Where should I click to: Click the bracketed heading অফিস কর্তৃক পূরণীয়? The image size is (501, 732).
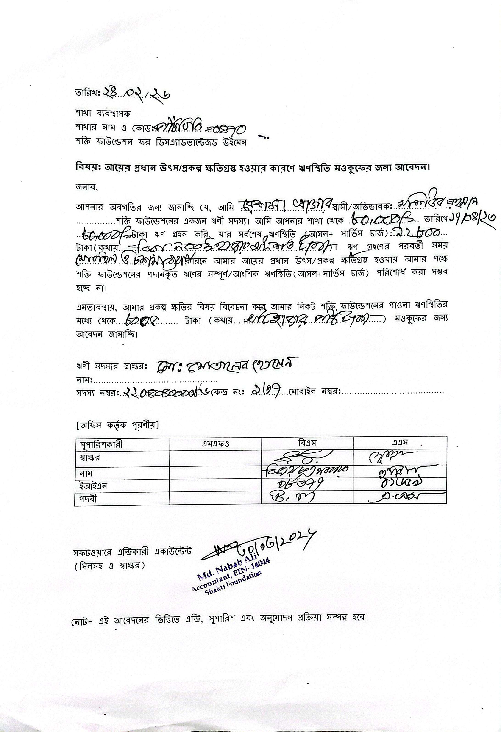pos(117,426)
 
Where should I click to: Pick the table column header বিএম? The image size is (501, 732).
pos(307,442)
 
